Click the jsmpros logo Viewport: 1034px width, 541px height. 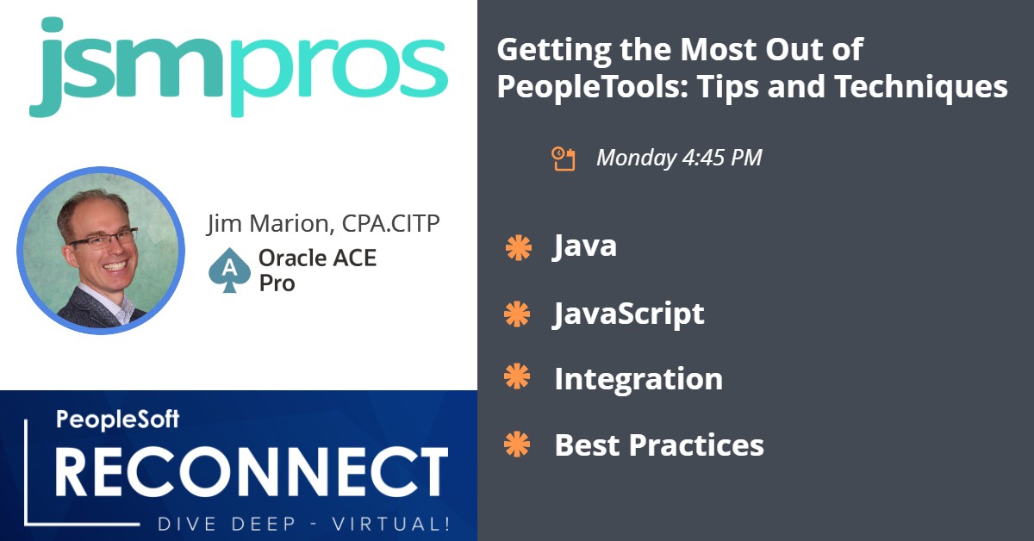(x=239, y=67)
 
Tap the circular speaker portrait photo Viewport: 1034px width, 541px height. (x=101, y=251)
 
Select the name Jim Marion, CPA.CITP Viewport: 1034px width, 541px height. (x=323, y=224)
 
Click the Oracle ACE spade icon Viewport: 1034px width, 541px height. (x=229, y=270)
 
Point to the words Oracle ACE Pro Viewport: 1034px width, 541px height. (x=318, y=270)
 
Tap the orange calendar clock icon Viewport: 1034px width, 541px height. (x=564, y=159)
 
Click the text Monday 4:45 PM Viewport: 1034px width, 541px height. (x=679, y=158)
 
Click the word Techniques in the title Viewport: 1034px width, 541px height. (x=921, y=87)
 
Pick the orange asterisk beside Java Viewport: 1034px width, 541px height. (x=519, y=248)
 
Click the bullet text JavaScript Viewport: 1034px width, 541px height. (x=629, y=314)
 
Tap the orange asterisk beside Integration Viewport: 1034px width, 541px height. (x=517, y=376)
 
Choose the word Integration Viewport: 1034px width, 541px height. (x=638, y=379)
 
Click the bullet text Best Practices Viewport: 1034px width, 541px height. (x=659, y=445)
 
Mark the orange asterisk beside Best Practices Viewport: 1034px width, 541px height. (x=517, y=444)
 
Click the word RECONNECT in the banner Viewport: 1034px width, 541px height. (x=252, y=472)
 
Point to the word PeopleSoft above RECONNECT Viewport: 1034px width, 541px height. (x=118, y=420)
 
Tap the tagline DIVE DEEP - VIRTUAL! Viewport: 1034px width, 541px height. (x=304, y=525)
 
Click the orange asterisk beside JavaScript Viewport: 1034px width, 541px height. (x=517, y=314)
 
